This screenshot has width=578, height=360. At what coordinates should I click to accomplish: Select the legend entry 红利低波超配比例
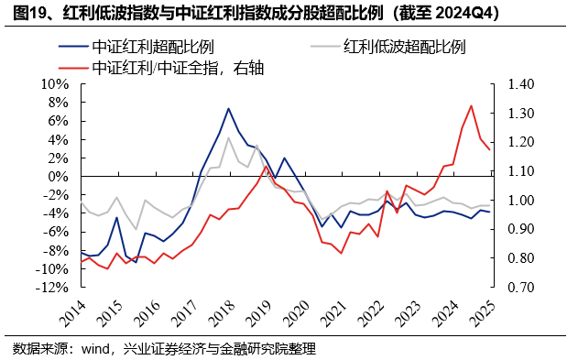tap(403, 47)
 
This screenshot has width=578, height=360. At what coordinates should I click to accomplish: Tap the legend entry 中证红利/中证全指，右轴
tap(178, 67)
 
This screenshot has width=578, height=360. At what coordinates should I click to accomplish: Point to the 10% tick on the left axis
tap(58, 83)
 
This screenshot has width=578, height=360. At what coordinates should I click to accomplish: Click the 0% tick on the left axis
tap(61, 176)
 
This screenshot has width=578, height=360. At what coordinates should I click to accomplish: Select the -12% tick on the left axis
tap(54, 287)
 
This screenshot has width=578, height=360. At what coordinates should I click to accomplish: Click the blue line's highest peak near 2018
tap(228, 108)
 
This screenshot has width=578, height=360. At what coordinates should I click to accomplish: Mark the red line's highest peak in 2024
tap(471, 105)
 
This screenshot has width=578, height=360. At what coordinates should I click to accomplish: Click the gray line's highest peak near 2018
tap(228, 137)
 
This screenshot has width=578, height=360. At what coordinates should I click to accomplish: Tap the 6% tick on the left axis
tap(61, 120)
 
